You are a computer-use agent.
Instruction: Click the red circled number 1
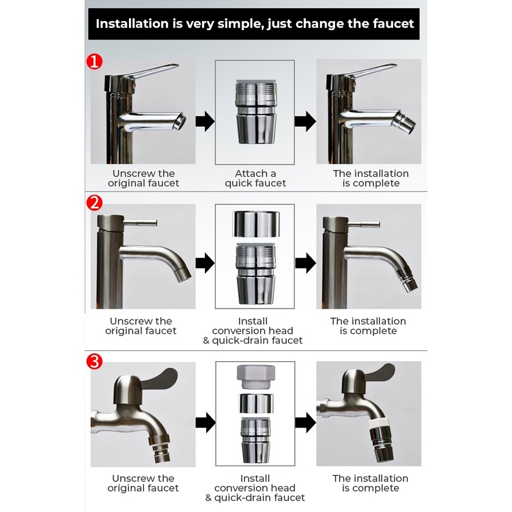[94, 61]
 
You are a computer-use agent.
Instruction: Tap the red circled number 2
[94, 203]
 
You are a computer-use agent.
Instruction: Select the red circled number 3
[94, 361]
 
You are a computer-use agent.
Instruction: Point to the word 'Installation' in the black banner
[132, 23]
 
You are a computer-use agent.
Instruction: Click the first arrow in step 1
[205, 121]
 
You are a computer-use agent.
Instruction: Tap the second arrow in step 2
[305, 263]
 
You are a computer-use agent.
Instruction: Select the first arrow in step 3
[205, 423]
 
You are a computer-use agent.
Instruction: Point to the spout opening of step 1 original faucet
[180, 122]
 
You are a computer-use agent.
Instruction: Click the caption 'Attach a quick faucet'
[255, 178]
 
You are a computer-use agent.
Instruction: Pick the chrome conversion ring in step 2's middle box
[256, 224]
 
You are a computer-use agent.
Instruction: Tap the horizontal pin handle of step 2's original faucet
[141, 223]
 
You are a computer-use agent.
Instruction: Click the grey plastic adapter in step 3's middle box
[256, 377]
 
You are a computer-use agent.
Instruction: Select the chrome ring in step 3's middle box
[256, 403]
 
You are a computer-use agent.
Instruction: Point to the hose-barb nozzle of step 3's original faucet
[160, 449]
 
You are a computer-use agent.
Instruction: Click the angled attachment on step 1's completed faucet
[404, 123]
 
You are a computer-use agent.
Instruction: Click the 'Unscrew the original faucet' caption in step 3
[143, 483]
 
